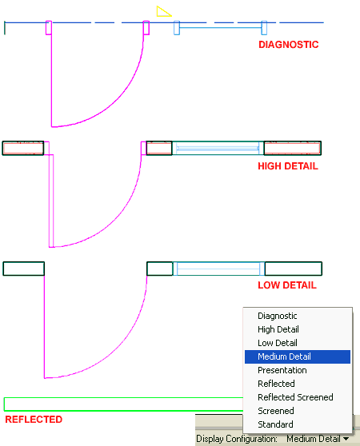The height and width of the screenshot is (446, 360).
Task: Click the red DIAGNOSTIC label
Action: pyautogui.click(x=288, y=45)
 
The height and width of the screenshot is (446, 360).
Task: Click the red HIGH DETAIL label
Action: pyautogui.click(x=287, y=166)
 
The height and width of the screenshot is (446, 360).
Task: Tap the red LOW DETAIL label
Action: pyautogui.click(x=286, y=285)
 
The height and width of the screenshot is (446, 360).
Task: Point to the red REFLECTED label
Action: pyautogui.click(x=33, y=419)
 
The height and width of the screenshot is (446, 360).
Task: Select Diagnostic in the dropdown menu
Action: pyautogui.click(x=277, y=316)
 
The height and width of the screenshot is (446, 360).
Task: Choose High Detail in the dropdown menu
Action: pyautogui.click(x=278, y=329)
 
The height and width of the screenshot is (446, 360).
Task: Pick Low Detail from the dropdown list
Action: pyautogui.click(x=277, y=343)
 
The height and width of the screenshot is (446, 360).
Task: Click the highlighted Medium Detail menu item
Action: pyautogui.click(x=284, y=356)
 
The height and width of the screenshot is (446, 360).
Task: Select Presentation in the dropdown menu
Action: pyautogui.click(x=282, y=370)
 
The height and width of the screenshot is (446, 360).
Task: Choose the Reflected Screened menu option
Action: pyautogui.click(x=295, y=397)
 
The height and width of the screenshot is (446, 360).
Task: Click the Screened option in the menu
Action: pyautogui.click(x=275, y=411)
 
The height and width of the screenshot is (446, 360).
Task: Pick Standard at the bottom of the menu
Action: pyautogui.click(x=275, y=424)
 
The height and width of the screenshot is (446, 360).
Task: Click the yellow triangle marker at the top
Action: pyautogui.click(x=163, y=11)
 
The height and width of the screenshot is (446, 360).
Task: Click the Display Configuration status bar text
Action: pyautogui.click(x=237, y=438)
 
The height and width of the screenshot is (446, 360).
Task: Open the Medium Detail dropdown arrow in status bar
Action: pyautogui.click(x=346, y=438)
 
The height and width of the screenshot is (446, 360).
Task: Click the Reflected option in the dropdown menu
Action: pyautogui.click(x=276, y=384)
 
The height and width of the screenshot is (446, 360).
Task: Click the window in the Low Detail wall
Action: pyautogui.click(x=218, y=269)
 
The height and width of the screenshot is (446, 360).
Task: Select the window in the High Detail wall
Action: pyautogui.click(x=218, y=148)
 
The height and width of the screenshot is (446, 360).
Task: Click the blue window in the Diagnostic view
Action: pyautogui.click(x=218, y=29)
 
